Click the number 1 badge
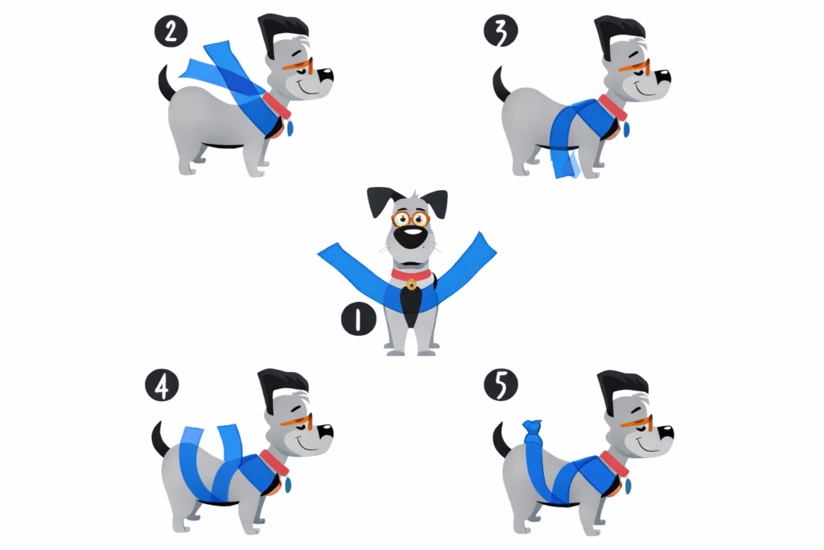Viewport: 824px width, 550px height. (358, 319)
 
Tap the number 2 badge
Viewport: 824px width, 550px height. (171, 31)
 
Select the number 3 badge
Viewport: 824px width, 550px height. (501, 30)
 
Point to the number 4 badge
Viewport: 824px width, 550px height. (162, 386)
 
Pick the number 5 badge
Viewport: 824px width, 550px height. (501, 386)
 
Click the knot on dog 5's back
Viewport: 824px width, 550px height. (532, 427)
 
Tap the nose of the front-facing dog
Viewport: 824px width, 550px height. (410, 238)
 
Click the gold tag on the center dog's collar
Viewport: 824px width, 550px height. (411, 284)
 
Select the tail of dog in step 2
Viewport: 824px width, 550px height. (166, 83)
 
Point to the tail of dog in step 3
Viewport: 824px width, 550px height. (501, 84)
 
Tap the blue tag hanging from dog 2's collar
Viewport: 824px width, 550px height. (289, 127)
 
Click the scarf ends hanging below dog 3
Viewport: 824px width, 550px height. (566, 163)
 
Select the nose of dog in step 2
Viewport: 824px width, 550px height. (326, 75)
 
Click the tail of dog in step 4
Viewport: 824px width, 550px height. (160, 440)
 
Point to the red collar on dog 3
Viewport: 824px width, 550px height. (612, 107)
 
